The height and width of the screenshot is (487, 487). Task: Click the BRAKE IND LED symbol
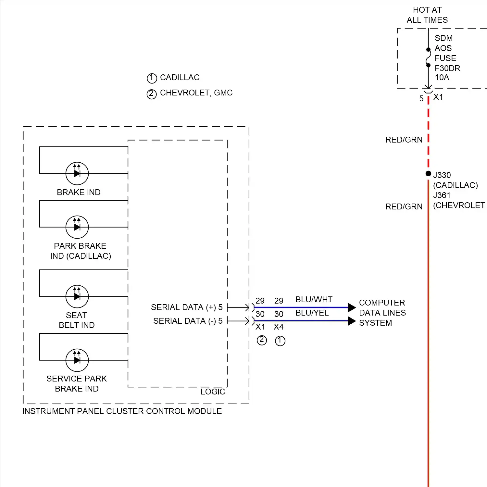click(77, 173)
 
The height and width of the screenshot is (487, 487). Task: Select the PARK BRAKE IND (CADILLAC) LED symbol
click(77, 227)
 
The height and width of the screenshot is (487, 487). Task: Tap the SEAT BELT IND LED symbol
click(77, 296)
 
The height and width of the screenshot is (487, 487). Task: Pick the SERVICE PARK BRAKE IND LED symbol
click(77, 360)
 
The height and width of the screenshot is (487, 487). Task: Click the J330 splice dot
click(428, 174)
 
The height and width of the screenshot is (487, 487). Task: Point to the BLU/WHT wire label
click(314, 299)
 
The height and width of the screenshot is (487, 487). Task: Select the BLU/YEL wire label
click(312, 313)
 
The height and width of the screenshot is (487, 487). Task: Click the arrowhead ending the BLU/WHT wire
click(352, 307)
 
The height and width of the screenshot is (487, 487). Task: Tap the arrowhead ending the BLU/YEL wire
click(352, 321)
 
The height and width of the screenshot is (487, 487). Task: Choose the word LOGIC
click(213, 392)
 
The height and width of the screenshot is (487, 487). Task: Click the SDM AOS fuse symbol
click(428, 57)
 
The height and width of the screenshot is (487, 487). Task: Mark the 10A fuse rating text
click(442, 78)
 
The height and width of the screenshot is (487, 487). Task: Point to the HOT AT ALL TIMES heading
click(427, 15)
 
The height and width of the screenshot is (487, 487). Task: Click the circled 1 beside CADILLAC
click(152, 78)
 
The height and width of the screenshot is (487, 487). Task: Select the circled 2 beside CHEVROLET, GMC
click(152, 94)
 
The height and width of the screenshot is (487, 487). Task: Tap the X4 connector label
click(279, 327)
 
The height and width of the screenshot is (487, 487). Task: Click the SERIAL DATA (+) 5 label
click(187, 307)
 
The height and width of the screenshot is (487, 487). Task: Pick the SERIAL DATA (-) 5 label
click(188, 321)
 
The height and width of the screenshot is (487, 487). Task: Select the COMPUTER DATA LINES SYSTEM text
click(382, 313)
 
